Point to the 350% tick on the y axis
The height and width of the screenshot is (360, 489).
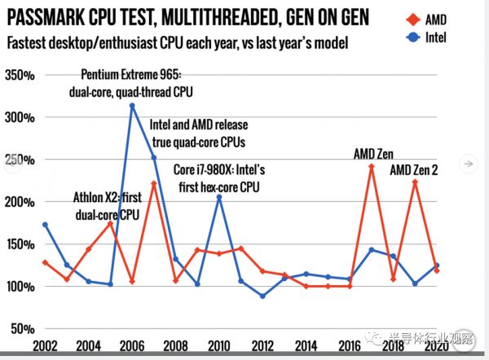[x=18, y=75]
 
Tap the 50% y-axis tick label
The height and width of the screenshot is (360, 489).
[x=21, y=328]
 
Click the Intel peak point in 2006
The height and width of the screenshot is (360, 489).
[x=132, y=106]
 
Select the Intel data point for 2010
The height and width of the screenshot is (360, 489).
[x=218, y=197]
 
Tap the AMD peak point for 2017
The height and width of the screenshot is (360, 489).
[x=372, y=167]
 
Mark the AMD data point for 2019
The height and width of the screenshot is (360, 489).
[x=416, y=182]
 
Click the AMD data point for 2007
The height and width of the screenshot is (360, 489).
[x=153, y=184]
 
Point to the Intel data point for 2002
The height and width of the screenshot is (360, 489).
[x=44, y=225]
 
